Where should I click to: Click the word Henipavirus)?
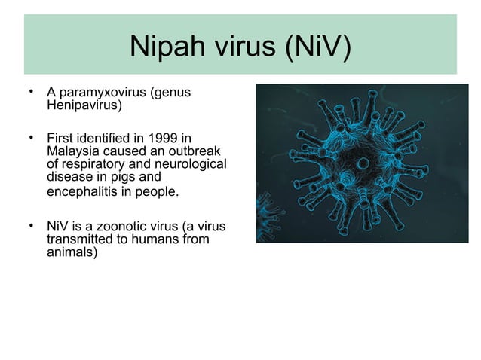[80, 105]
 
